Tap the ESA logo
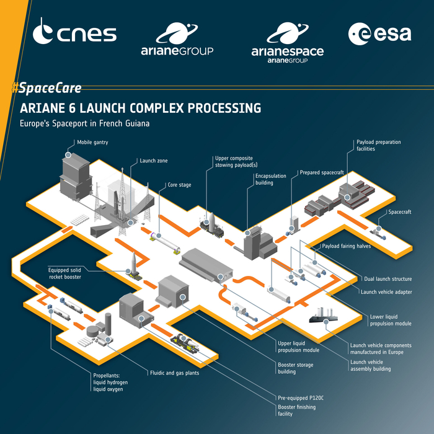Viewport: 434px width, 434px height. tap(379, 33)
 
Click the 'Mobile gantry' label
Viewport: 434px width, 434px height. tap(92, 143)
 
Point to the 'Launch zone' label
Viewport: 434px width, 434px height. tap(154, 161)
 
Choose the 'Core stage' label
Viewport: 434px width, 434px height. tap(179, 184)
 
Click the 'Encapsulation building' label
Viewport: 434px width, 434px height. tap(270, 179)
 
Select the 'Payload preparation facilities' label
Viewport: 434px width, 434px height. tap(378, 145)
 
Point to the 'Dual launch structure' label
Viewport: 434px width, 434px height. tap(389, 279)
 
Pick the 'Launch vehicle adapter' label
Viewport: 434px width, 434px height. tap(386, 291)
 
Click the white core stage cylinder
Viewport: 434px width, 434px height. tap(165, 241)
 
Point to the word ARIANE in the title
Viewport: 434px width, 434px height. tap(49, 108)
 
